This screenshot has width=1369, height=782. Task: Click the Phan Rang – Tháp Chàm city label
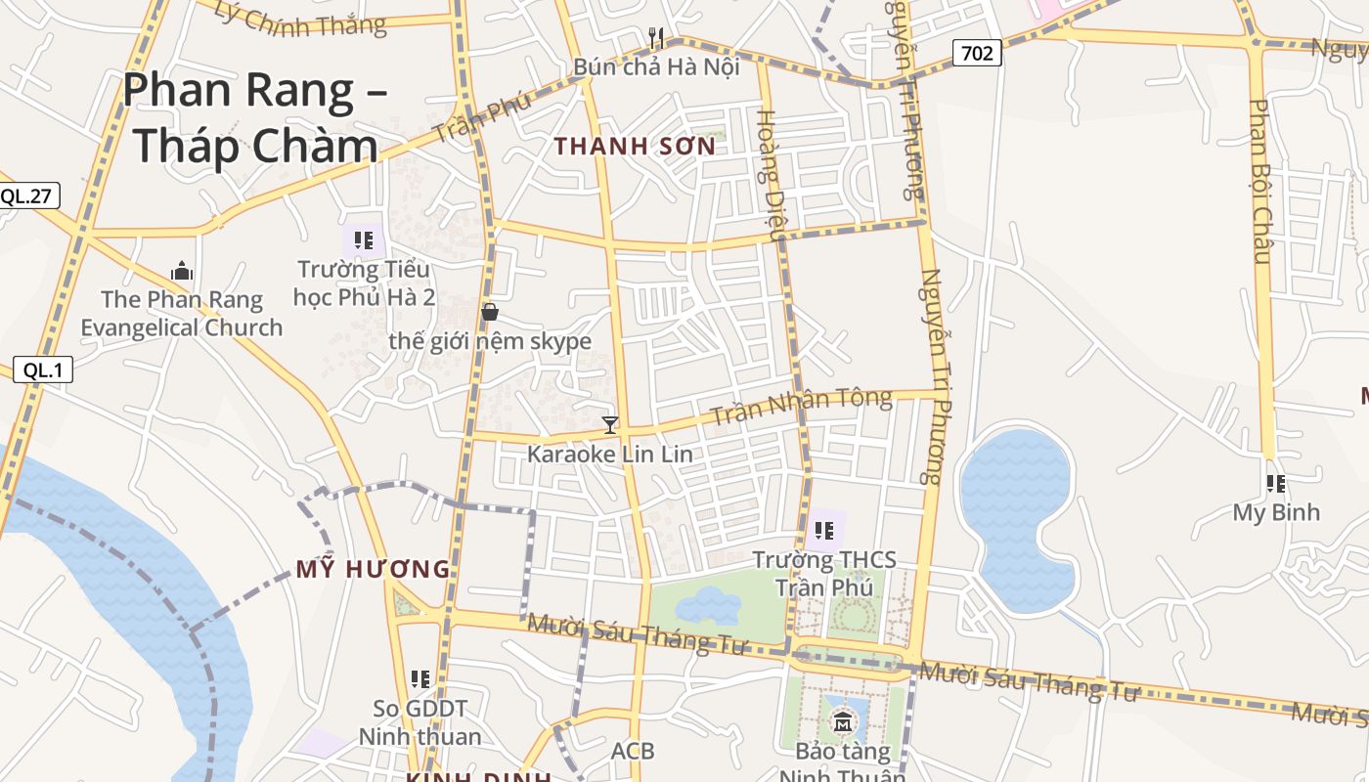255,117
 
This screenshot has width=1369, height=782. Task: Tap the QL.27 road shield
26,195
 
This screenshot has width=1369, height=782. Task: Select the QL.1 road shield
42,369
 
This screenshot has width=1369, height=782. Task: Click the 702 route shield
977,53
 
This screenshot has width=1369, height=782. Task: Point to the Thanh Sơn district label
635,147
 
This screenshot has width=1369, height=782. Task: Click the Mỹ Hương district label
373,569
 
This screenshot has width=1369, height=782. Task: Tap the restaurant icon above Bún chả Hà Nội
656,38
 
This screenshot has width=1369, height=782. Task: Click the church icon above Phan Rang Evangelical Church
181,271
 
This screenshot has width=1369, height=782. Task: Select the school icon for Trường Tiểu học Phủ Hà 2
364,239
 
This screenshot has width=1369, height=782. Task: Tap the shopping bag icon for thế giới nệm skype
490,312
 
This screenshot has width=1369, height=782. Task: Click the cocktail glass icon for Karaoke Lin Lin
610,424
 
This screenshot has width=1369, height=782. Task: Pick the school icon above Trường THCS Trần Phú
823,531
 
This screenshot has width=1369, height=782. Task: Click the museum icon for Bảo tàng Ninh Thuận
842,723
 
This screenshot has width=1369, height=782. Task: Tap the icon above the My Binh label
1275,483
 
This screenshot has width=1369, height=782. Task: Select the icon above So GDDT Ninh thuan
420,678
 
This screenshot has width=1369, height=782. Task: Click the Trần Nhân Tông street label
801,406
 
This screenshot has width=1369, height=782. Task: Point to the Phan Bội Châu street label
1260,181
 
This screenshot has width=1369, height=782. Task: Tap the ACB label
632,751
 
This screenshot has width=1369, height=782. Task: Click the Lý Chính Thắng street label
300,20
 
